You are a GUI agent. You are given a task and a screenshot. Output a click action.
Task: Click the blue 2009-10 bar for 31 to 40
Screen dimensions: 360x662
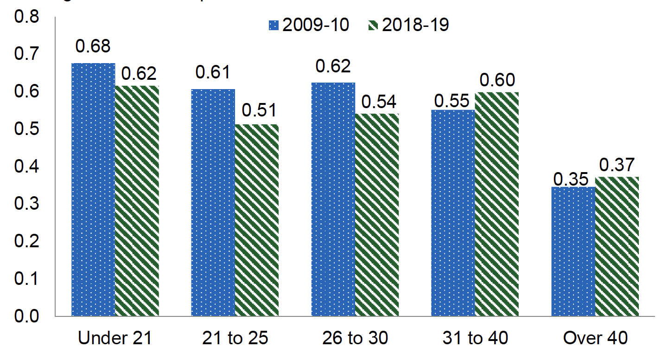pyautogui.click(x=453, y=213)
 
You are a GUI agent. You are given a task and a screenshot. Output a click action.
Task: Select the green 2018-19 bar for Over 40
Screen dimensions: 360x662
pyautogui.click(x=617, y=246)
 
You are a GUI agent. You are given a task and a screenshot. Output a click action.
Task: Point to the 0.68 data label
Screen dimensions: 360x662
pyautogui.click(x=93, y=47)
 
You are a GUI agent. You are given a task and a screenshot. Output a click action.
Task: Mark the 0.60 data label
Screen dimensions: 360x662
pyautogui.click(x=497, y=80)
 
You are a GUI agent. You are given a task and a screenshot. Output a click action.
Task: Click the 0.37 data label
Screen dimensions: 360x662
pyautogui.click(x=617, y=164)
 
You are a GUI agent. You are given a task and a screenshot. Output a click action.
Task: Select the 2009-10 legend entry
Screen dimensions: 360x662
pyautogui.click(x=309, y=25)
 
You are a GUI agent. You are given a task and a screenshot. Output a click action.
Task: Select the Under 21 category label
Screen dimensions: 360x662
pyautogui.click(x=115, y=339)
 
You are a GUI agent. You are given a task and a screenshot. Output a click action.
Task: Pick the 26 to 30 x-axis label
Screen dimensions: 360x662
pyautogui.click(x=355, y=339)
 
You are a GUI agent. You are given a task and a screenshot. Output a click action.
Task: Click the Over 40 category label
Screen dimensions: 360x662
pyautogui.click(x=595, y=339)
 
